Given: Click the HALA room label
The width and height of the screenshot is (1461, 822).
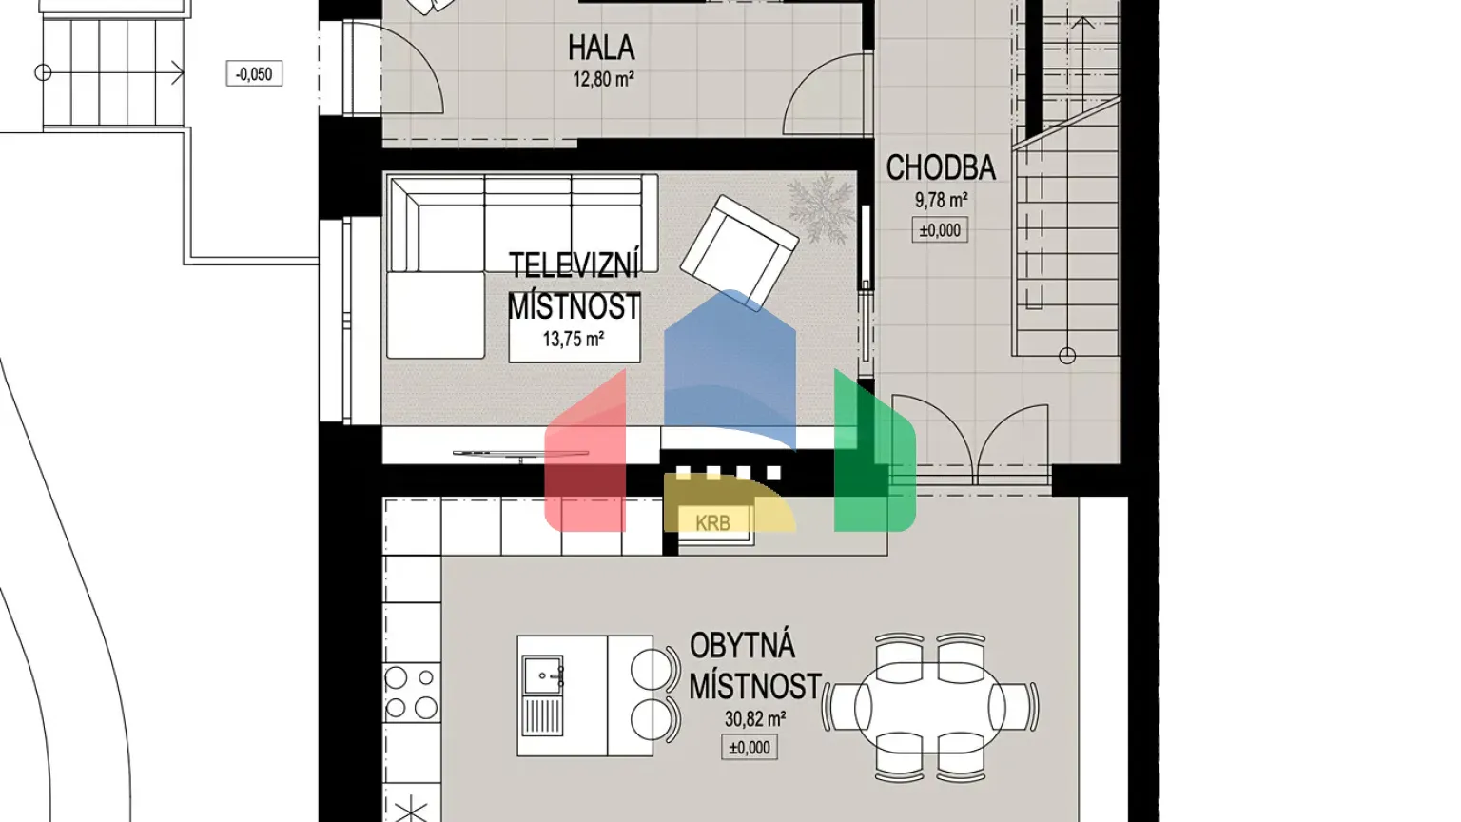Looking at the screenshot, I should click(x=601, y=48).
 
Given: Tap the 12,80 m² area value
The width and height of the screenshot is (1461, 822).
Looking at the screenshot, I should click(x=603, y=80).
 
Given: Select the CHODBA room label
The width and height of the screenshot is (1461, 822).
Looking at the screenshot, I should click(x=941, y=168).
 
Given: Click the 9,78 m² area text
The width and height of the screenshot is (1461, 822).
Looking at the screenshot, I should click(x=941, y=201).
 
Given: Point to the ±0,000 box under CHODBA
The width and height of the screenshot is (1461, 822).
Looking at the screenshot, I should click(x=940, y=230).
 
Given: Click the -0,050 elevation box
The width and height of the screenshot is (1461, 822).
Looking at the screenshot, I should click(x=254, y=74).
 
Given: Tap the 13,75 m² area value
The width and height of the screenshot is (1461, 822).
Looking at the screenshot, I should click(x=574, y=339).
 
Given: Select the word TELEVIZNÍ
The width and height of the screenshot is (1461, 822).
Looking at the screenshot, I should click(x=574, y=265).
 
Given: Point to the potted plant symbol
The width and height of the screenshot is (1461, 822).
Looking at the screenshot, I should click(x=821, y=207).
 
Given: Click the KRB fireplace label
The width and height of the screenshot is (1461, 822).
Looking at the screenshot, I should click(x=712, y=523).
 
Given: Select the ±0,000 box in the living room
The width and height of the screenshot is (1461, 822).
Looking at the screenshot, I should click(x=750, y=748).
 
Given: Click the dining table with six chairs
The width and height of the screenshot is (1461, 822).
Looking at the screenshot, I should click(x=929, y=707).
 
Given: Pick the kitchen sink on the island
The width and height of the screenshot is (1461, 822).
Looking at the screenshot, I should click(x=542, y=676).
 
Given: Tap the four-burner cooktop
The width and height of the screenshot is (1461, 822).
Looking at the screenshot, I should click(x=411, y=694).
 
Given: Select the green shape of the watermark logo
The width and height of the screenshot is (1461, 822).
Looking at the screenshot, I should click(x=873, y=457).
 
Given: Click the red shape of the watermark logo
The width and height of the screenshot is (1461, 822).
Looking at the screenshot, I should click(x=585, y=457).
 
